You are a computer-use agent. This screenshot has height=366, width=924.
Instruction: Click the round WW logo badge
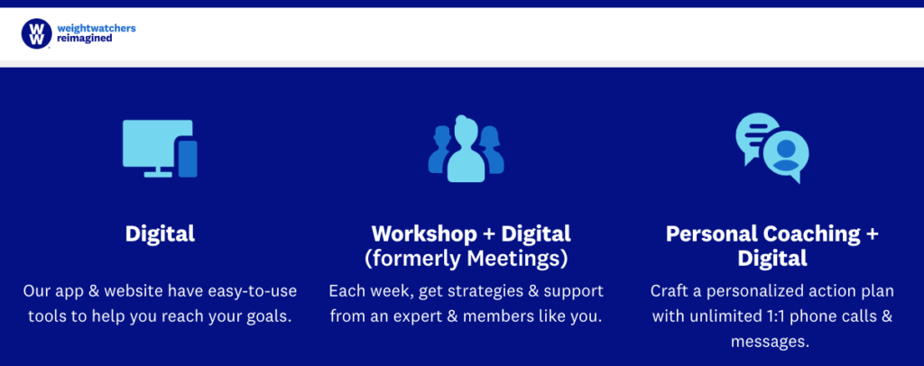[x=36, y=33]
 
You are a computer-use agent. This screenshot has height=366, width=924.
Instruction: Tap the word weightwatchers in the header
[x=97, y=28]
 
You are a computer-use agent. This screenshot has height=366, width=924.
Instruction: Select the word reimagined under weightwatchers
[x=85, y=39]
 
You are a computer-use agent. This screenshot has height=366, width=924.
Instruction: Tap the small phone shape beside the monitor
[x=188, y=159]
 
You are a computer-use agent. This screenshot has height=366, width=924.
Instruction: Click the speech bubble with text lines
[x=755, y=136]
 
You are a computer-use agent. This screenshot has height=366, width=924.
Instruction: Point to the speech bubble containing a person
[x=786, y=156]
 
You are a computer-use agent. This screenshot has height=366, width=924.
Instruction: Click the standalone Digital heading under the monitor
[x=160, y=234]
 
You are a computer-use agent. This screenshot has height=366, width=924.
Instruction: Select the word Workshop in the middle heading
[x=424, y=234]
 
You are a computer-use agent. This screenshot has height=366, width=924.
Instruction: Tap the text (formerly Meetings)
[x=467, y=260]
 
